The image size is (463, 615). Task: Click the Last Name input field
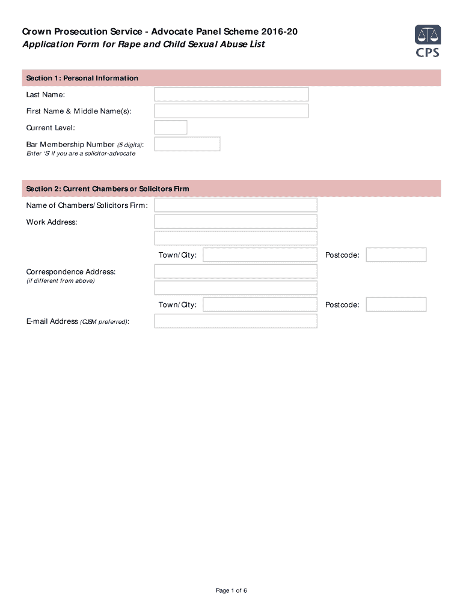(x=231, y=94)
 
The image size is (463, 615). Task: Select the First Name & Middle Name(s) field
(x=231, y=111)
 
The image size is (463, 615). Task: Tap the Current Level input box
(x=171, y=127)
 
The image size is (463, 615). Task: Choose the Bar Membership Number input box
(x=187, y=144)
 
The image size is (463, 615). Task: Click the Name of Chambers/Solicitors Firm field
(x=236, y=205)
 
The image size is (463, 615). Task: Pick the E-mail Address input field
(x=236, y=321)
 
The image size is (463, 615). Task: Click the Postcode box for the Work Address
(x=396, y=255)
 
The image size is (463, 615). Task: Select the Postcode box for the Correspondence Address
(x=396, y=304)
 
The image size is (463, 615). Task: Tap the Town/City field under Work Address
(x=260, y=255)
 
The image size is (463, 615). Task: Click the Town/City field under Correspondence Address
(x=260, y=304)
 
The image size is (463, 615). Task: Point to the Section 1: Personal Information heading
(x=82, y=78)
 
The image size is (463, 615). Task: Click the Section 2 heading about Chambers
(x=108, y=189)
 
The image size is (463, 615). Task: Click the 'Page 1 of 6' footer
(x=231, y=590)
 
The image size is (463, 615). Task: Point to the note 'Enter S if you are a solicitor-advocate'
(x=81, y=154)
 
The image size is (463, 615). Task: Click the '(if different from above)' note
(x=60, y=281)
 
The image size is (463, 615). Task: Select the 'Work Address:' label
(x=52, y=222)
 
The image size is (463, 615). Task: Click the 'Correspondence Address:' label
(x=71, y=272)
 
